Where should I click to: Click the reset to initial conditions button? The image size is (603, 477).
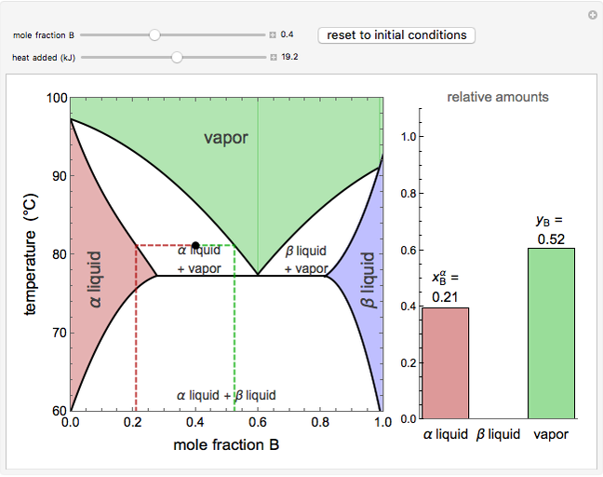tap(396, 35)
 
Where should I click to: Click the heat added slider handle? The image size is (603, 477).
tap(177, 57)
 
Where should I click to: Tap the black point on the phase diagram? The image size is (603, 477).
tap(195, 245)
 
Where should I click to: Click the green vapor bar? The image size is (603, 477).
tap(551, 333)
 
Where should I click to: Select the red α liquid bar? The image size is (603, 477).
tap(446, 362)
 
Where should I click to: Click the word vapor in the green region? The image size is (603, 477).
tap(226, 138)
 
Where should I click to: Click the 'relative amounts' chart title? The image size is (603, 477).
tap(497, 97)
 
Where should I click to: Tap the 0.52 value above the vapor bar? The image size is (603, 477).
tap(551, 238)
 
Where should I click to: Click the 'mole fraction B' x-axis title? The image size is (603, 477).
tap(226, 444)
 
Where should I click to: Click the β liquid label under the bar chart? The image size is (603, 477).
tap(498, 434)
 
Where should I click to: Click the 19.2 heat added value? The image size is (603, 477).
tap(289, 57)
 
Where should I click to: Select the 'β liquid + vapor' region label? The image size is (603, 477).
tap(305, 259)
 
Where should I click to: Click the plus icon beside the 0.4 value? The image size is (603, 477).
tap(273, 35)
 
